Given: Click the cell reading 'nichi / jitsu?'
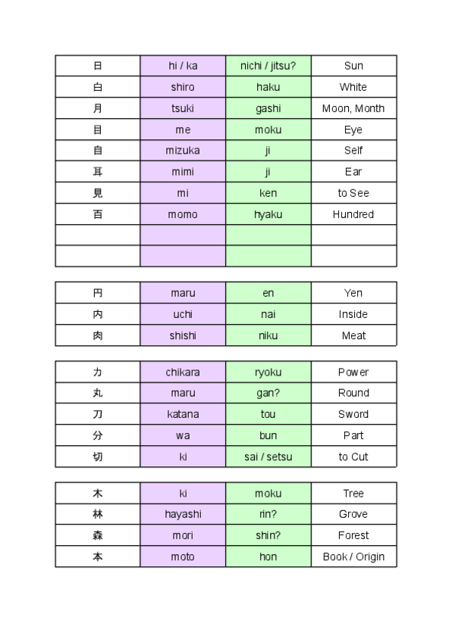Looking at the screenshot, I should [268, 66].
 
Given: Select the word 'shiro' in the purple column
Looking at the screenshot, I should [183, 87].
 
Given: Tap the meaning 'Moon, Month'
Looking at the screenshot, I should [353, 108].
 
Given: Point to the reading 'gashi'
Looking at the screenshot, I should [268, 108].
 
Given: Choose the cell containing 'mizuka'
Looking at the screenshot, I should [183, 151].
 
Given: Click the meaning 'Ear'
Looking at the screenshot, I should [353, 172].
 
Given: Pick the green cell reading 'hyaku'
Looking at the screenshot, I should [268, 214].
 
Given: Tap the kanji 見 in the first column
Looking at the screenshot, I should [98, 193].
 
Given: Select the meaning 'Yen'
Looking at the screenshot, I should [353, 293].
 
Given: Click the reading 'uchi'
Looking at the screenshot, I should [183, 314].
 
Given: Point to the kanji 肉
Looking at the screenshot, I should [98, 335].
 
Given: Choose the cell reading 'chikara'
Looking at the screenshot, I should [183, 372].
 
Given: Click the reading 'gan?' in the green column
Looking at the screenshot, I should [268, 393].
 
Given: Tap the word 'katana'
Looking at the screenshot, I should [183, 414].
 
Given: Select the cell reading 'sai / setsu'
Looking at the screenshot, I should [268, 457].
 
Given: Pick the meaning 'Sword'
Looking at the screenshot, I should [353, 414].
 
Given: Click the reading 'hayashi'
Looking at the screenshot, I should [183, 514].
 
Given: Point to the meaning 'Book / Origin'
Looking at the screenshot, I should [353, 556].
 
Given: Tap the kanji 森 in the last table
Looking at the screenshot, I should [98, 535].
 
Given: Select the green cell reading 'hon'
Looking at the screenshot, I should [268, 556].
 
